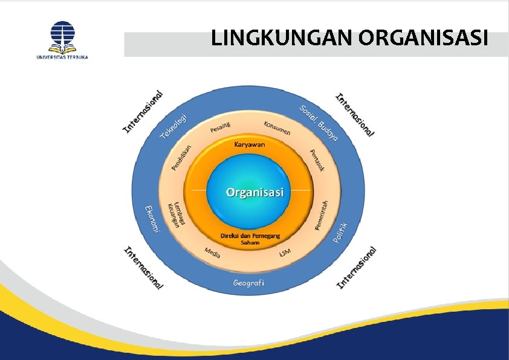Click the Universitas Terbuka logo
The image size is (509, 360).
[62, 40]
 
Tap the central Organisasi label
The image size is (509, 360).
[255, 192]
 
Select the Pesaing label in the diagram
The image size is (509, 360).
[221, 127]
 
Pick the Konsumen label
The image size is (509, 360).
[277, 127]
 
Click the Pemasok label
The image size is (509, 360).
[317, 159]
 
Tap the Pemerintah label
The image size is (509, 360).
[322, 215]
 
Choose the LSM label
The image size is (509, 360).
[285, 252]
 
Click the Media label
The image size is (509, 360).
[212, 253]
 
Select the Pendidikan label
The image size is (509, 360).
[182, 157]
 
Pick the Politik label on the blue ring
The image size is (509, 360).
[342, 233]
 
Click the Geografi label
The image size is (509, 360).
[250, 283]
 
